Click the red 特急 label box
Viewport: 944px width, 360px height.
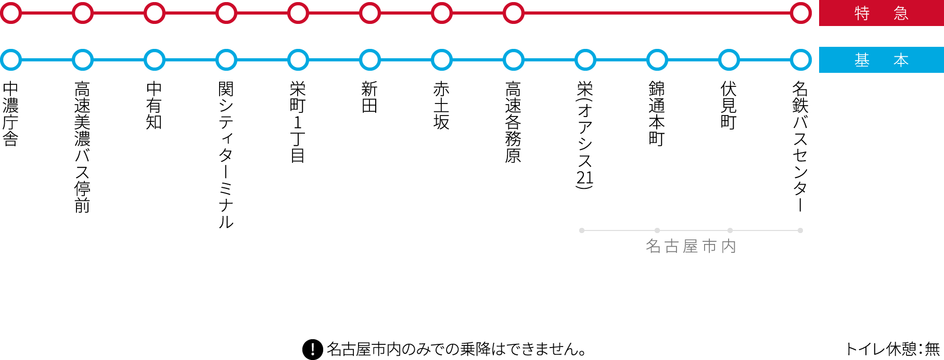881,13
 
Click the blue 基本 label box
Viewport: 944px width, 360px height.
881,60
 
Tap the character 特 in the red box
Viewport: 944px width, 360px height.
862,13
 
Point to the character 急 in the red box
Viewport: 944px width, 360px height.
901,13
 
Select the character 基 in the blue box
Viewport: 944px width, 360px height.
862,60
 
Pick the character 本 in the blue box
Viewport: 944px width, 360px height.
901,60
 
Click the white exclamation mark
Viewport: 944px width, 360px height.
313,349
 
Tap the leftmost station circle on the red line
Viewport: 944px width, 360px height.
11,13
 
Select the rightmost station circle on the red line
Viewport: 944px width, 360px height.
801,13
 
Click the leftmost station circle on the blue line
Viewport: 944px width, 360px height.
11,60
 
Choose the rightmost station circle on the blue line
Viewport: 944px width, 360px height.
801,60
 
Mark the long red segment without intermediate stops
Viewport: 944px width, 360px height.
657,13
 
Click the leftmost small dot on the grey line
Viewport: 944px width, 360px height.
582,230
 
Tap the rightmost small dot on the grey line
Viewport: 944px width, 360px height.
800,230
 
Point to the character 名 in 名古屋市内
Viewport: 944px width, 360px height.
653,246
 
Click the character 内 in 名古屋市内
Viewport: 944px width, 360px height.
729,246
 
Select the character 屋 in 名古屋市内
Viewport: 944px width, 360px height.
691,246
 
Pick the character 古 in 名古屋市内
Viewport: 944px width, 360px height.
672,246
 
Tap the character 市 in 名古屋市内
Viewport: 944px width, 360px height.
710,246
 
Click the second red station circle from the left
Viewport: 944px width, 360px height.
83,13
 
